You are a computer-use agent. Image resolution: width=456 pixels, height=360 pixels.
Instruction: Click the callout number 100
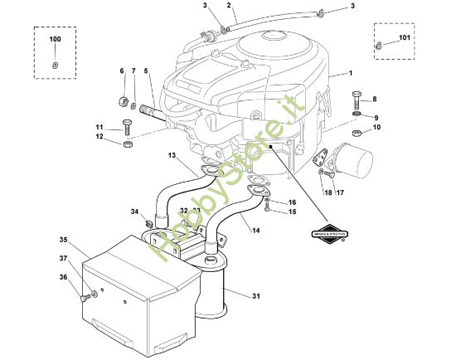coord(55,40)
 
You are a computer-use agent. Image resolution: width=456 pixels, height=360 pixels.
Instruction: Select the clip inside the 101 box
coord(380,47)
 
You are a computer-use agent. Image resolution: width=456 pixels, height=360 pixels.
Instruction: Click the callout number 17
coord(339,193)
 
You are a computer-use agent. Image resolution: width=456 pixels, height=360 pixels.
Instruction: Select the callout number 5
coord(146,71)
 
